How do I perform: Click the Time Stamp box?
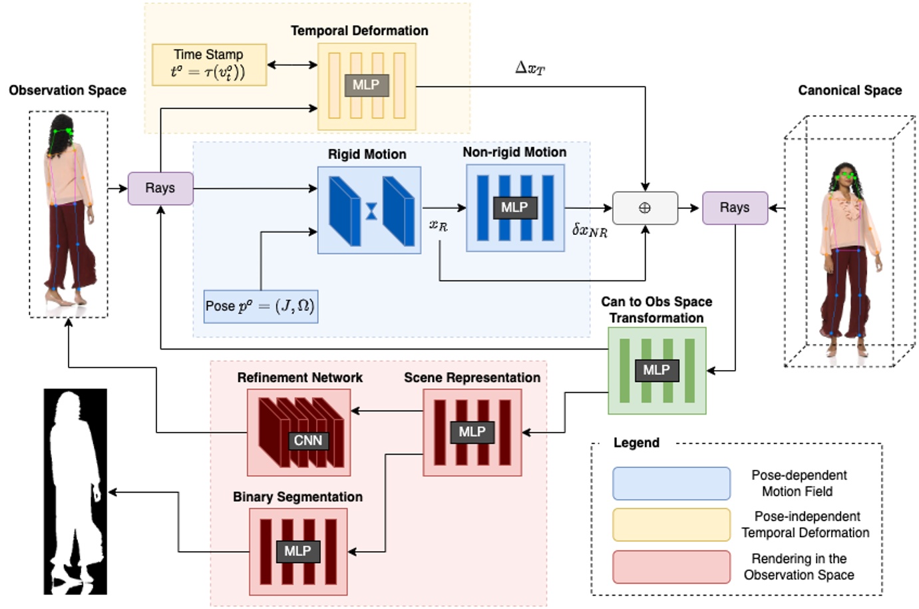point(209,65)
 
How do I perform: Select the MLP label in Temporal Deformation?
point(366,85)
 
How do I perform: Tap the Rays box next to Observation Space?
point(160,188)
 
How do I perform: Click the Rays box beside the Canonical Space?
point(735,208)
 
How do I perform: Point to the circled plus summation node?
point(645,208)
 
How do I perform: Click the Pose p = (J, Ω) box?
point(260,306)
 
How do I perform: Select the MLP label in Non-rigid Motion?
point(514,208)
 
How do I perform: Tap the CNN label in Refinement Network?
point(308,441)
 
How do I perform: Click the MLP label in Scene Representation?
point(472,432)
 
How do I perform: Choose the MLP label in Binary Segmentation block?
point(297,551)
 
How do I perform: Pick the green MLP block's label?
point(656,370)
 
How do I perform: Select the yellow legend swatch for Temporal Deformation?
point(671,525)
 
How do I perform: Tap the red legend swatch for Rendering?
point(671,567)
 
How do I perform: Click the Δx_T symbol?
point(530,68)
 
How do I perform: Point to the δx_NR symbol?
point(590,230)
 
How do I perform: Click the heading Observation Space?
point(67,91)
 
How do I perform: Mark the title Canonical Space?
point(850,91)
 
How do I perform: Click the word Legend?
point(636,443)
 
